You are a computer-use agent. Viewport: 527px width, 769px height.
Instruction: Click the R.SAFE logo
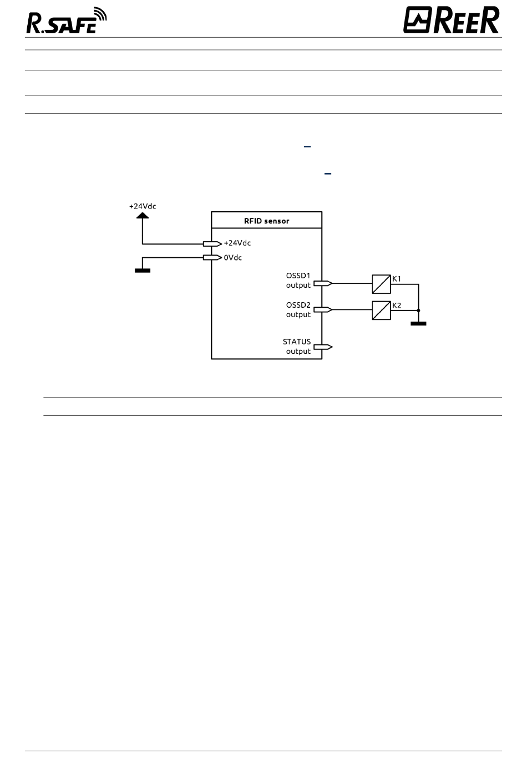[67, 21]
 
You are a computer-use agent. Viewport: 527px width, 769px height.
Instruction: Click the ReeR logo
[451, 19]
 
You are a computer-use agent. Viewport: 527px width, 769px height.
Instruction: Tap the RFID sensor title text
[267, 221]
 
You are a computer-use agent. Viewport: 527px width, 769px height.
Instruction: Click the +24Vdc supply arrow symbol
[143, 216]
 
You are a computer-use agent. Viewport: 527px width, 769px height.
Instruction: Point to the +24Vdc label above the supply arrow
[143, 206]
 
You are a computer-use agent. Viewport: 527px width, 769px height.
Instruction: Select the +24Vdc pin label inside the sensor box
[237, 243]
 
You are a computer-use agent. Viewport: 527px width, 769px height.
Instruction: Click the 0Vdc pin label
[233, 258]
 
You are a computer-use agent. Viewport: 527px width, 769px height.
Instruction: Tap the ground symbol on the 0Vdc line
[143, 271]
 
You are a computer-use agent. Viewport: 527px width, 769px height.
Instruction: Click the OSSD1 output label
[298, 280]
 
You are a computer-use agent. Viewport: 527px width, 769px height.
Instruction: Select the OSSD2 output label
[298, 310]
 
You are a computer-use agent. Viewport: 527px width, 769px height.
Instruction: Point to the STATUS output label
[297, 347]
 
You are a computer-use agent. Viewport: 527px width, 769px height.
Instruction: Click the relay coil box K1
[381, 284]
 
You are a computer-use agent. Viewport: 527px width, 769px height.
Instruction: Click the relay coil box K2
[381, 310]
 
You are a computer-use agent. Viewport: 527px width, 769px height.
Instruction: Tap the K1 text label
[397, 279]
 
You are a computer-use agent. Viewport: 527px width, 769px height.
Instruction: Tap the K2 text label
[397, 305]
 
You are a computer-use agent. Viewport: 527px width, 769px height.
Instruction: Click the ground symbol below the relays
[418, 323]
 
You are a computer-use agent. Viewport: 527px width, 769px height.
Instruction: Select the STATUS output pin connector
[323, 347]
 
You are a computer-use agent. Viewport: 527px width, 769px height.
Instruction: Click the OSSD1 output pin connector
[323, 283]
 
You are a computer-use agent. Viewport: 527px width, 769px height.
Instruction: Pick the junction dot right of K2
[418, 310]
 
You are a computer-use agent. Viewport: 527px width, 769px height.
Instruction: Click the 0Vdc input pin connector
[212, 257]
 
